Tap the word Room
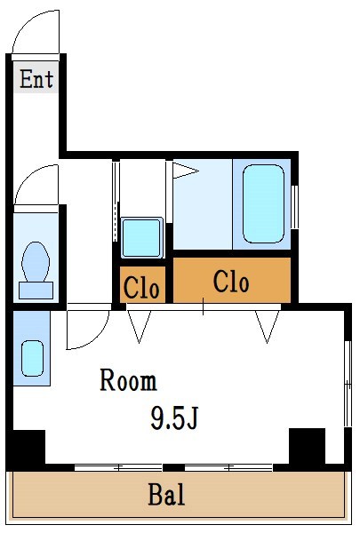tap(128, 381)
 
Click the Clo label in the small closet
tap(141, 287)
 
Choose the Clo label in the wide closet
tap(232, 282)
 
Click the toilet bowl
tap(36, 261)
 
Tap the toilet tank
tap(36, 289)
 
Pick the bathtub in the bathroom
tap(262, 203)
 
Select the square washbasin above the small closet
tap(140, 237)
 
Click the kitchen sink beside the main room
tap(32, 357)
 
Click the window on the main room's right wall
tap(348, 382)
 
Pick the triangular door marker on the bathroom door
tap(185, 170)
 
